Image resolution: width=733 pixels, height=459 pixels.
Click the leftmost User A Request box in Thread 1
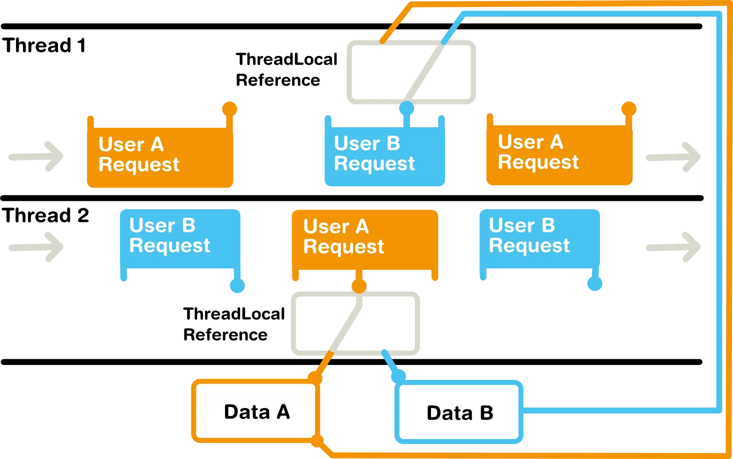[159, 155]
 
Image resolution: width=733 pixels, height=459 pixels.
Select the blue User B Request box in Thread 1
[384, 154]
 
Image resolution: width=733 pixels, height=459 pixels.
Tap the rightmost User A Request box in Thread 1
[559, 153]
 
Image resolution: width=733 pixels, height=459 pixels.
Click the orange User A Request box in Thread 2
[364, 238]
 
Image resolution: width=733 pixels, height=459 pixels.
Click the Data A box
[255, 411]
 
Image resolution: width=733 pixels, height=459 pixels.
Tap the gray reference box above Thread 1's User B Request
[410, 73]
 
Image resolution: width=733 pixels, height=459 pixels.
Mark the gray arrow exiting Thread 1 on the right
[672, 157]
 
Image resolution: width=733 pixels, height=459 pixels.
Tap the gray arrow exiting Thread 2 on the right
[672, 246]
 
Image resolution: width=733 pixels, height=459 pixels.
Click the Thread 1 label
[45, 47]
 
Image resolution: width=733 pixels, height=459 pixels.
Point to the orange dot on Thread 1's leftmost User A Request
[229, 108]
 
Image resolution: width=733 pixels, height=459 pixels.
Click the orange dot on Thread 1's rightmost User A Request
[628, 108]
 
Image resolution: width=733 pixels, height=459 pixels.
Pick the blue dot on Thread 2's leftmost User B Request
[237, 286]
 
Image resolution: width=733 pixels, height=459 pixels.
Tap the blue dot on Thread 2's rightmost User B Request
[594, 284]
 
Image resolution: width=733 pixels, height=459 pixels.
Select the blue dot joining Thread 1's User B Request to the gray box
[406, 109]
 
